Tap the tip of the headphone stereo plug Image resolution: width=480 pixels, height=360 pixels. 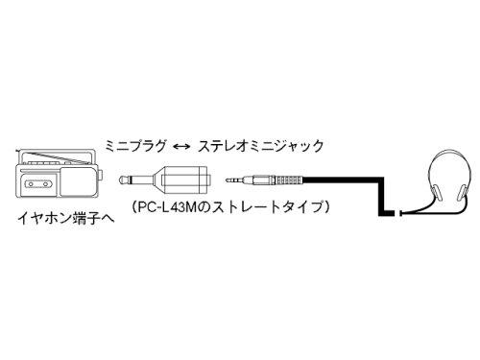(232, 179)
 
